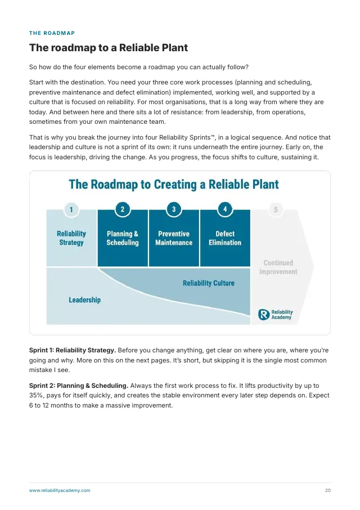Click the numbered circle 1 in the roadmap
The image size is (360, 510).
tap(71, 209)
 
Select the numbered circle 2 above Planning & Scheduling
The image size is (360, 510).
tap(123, 209)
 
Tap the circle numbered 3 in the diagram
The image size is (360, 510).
tap(174, 209)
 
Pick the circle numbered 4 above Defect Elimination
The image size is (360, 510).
tap(225, 209)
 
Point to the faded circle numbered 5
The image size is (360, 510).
tap(276, 210)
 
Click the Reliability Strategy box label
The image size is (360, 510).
tap(71, 238)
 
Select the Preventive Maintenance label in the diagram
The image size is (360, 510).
tap(174, 238)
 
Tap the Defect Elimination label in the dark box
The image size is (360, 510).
tap(225, 238)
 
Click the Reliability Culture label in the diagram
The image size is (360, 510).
tap(209, 283)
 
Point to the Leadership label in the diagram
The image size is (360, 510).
tap(84, 300)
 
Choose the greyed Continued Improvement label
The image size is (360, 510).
tap(278, 267)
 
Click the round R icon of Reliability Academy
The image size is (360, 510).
tap(264, 315)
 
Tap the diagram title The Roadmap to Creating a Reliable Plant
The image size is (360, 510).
tap(174, 185)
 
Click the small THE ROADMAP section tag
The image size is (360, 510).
tap(52, 33)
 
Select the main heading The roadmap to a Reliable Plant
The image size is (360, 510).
tap(109, 48)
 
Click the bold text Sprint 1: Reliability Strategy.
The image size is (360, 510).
tap(73, 350)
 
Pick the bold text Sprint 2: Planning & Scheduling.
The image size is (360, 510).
tap(79, 386)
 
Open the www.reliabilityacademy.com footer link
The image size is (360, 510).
tap(60, 490)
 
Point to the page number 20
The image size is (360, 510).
tap(328, 490)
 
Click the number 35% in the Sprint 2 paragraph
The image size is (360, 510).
tap(35, 396)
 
